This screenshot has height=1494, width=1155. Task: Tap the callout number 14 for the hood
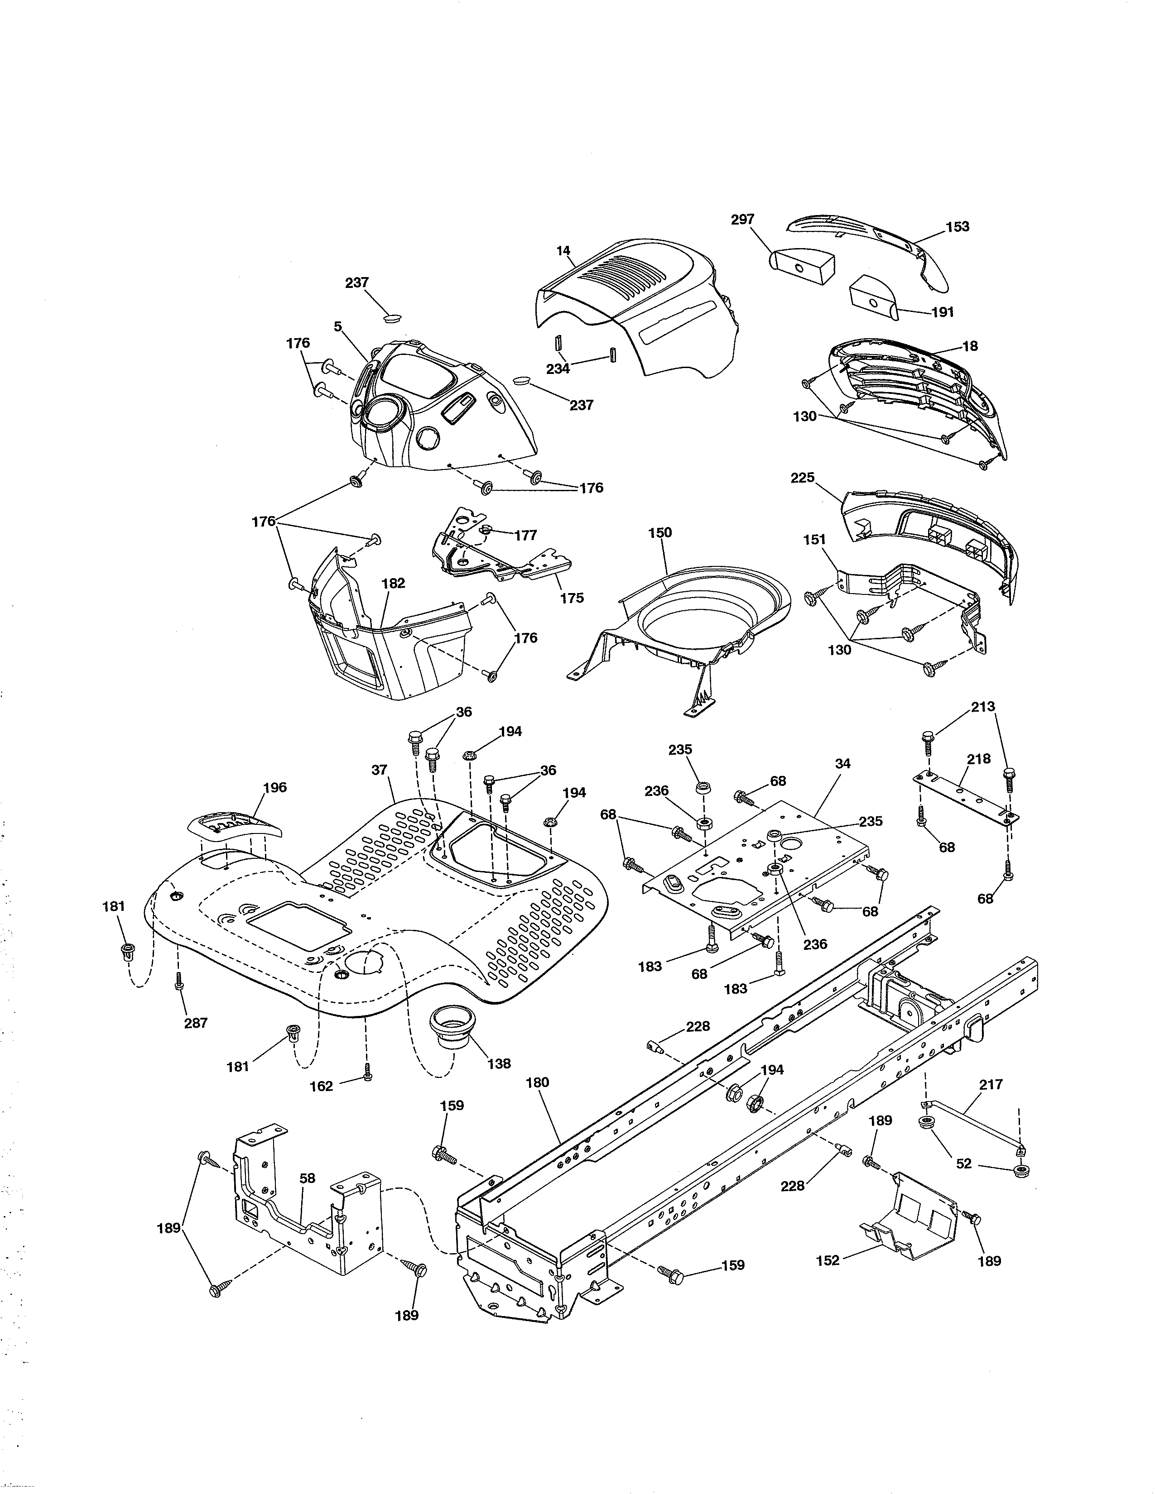[563, 251]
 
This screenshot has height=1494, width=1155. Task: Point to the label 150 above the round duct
[660, 532]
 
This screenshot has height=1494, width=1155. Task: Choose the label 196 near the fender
[274, 787]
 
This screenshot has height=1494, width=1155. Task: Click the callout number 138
[499, 1064]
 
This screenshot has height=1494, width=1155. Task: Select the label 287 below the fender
[196, 1023]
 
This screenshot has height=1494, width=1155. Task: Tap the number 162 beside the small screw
[322, 1086]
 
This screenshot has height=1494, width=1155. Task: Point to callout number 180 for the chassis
[538, 1083]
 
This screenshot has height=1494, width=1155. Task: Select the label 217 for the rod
[991, 1084]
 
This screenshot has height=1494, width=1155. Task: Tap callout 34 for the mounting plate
[843, 763]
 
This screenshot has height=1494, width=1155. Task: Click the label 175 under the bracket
[572, 598]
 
